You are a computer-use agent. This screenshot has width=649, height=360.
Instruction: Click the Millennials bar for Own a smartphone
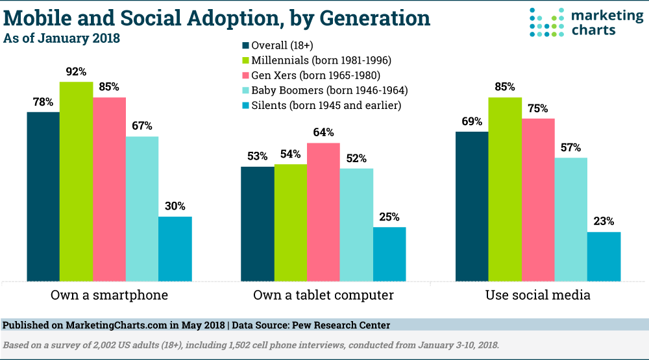(x=76, y=182)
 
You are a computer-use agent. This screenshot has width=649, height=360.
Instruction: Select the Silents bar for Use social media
(x=604, y=257)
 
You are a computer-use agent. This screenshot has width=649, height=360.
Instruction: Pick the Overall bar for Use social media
(x=472, y=206)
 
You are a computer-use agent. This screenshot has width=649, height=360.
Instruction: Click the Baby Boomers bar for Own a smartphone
(x=142, y=209)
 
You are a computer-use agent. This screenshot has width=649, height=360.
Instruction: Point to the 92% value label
(x=76, y=71)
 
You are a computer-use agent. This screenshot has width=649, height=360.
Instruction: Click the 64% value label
(x=323, y=132)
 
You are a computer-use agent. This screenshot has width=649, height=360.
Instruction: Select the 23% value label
(x=604, y=221)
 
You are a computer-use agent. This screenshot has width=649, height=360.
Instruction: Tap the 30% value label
(x=175, y=206)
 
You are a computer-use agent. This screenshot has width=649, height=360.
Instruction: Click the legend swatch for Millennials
(x=245, y=60)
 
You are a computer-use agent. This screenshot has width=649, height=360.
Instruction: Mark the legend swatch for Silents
(x=245, y=105)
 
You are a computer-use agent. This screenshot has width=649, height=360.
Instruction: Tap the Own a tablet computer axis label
(x=323, y=296)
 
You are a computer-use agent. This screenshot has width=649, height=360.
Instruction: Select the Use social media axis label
(x=538, y=296)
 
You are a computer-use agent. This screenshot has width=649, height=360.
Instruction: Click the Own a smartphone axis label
(x=109, y=296)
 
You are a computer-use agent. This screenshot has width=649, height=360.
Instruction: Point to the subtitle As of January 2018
(x=62, y=38)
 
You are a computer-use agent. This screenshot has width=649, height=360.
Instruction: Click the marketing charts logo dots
(x=543, y=21)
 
